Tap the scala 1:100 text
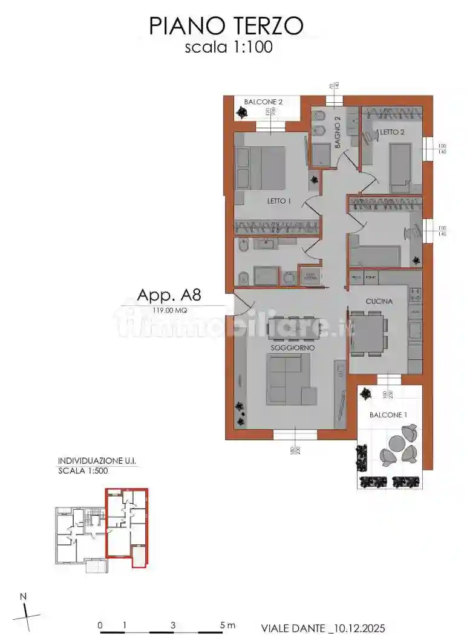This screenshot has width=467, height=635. (228, 47)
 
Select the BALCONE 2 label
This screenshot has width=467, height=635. (264, 102)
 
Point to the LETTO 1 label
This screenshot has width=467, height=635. (279, 201)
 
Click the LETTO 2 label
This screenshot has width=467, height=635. (391, 132)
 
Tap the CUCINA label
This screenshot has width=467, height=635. (379, 301)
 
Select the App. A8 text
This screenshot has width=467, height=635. (169, 295)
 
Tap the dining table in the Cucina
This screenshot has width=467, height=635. (367, 334)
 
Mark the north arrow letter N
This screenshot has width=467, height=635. (24, 597)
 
